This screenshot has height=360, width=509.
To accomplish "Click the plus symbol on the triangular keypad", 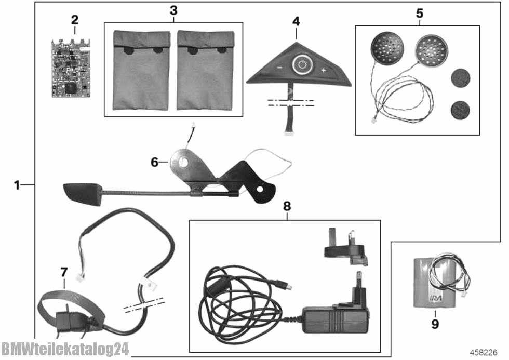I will coord(323,70).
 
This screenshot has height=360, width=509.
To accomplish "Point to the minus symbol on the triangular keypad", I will coord(279,68).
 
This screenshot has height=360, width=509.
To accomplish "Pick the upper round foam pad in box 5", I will coord(460,77).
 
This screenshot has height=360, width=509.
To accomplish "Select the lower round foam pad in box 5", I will coord(460,110).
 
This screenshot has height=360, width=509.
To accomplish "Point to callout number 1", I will coord(17,184).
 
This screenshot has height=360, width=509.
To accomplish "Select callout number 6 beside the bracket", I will coord(154,162).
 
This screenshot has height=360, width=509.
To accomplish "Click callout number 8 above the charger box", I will coord(287,206).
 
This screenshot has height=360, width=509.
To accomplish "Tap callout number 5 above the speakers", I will coord(419,13).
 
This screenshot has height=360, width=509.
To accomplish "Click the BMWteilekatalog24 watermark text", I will coord(64,349).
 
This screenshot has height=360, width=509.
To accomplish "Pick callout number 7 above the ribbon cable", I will coord(64,272).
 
